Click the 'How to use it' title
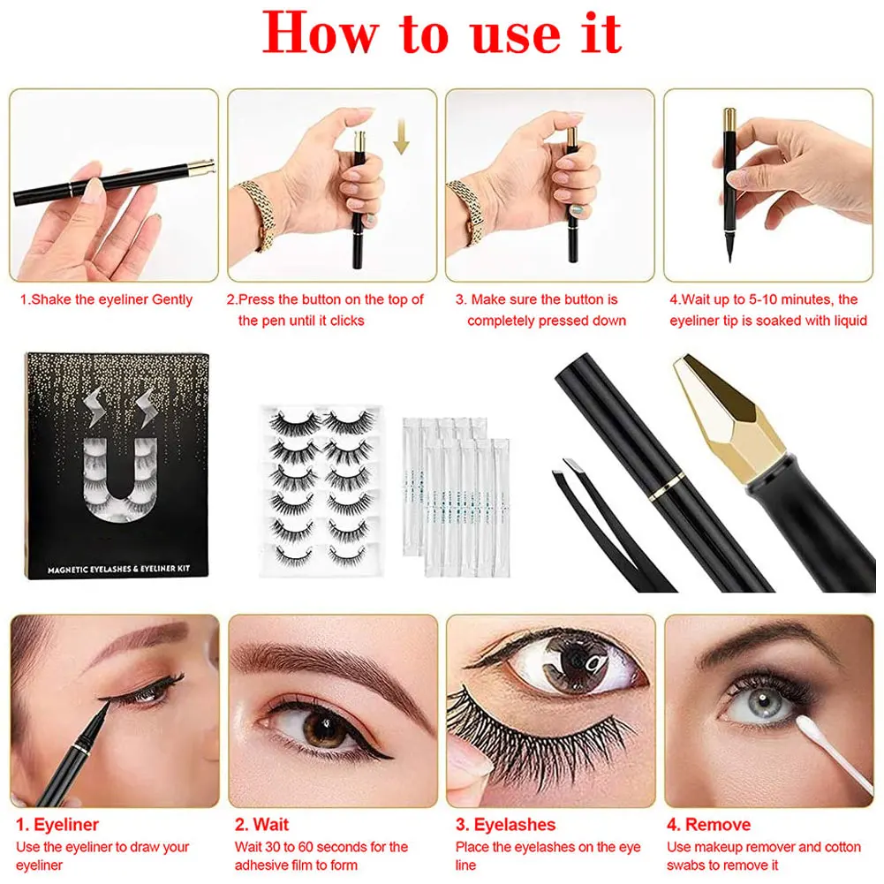click(442, 34)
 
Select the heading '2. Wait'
click(261, 825)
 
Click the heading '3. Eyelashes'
click(505, 825)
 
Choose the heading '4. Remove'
click(708, 825)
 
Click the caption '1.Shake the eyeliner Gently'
click(106, 299)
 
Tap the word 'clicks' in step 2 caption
click(347, 321)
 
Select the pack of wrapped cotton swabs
click(453, 495)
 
